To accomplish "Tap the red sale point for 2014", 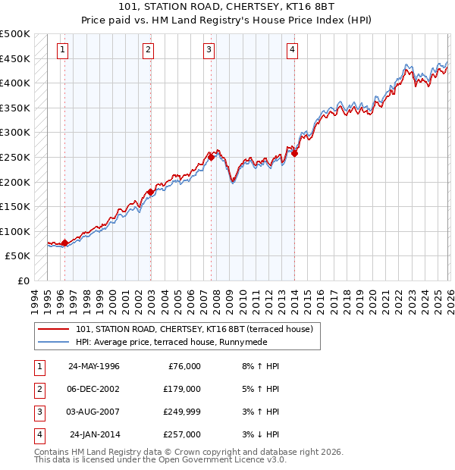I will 295,154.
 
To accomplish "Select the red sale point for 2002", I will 150,193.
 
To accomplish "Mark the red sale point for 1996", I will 64,243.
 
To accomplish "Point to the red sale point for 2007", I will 212,158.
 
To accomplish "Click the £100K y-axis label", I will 15,231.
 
